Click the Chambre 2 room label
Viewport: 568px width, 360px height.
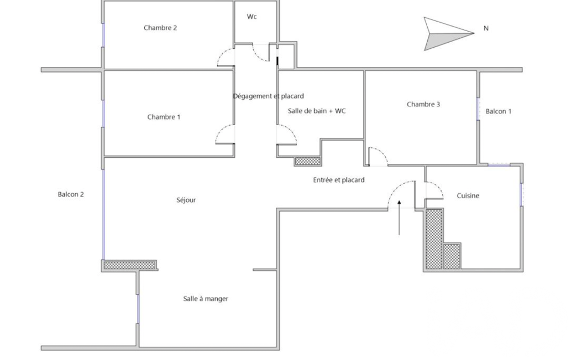160,28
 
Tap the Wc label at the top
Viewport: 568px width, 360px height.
252,17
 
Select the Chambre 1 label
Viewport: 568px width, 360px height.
163,117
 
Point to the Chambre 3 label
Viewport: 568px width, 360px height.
423,104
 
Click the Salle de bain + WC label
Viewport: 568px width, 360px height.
316,111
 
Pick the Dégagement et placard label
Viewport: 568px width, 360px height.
268,96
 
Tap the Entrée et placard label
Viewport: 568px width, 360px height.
339,180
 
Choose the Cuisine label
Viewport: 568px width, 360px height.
468,196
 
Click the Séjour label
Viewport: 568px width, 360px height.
186,200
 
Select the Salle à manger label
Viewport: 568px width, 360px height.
206,299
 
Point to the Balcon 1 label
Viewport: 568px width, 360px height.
498,111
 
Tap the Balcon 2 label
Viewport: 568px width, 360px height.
70,194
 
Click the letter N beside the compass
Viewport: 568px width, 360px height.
486,28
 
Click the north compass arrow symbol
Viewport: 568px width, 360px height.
449,34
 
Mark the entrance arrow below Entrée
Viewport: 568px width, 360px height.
399,218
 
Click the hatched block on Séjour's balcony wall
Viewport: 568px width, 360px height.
130,265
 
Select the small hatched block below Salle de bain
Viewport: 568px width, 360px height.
308,161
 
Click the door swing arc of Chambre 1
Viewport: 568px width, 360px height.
225,134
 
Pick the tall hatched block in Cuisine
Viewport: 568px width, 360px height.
434,239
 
